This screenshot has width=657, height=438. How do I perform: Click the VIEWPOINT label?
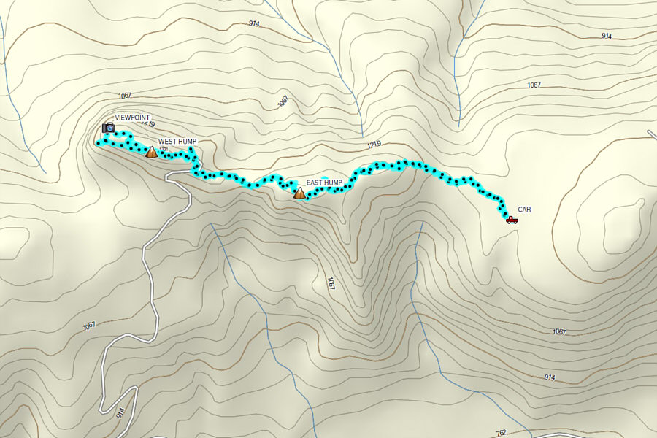[x=132, y=118]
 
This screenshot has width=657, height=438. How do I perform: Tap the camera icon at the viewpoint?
[x=108, y=128]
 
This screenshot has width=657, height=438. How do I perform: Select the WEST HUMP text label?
[x=177, y=141]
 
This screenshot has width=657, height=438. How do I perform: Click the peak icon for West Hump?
[x=151, y=152]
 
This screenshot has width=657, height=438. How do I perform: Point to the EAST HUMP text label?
[x=324, y=182]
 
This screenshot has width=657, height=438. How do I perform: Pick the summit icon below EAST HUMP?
[x=299, y=193]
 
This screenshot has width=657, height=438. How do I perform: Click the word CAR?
[x=525, y=210]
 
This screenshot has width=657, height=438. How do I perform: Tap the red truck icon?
[x=512, y=219]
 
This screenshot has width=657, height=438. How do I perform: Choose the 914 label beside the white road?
[x=119, y=413]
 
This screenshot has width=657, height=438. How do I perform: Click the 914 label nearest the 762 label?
[x=549, y=377]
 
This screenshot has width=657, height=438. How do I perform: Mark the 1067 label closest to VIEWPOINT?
[x=123, y=96]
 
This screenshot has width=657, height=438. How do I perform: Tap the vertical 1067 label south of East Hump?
[x=331, y=283]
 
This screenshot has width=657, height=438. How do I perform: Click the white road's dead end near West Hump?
[x=169, y=176]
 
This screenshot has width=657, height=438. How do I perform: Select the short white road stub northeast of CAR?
[x=651, y=134]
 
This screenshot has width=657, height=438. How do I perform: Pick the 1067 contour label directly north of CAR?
[x=534, y=85]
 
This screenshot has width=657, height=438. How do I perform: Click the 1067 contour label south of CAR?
[x=558, y=331]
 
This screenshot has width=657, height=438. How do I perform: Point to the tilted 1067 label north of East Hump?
[x=283, y=101]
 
